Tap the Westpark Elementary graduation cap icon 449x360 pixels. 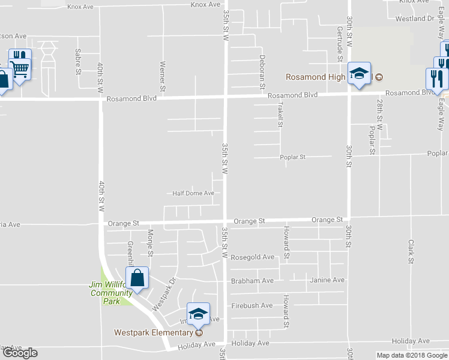[198, 313]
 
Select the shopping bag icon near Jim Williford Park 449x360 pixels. [137, 278]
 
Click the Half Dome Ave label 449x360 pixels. [193, 193]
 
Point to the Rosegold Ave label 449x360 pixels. [253, 257]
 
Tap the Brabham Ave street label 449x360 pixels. [252, 280]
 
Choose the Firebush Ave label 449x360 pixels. [252, 305]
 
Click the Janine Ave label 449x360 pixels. [327, 280]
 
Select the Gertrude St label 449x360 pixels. [340, 44]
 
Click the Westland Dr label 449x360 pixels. [414, 19]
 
